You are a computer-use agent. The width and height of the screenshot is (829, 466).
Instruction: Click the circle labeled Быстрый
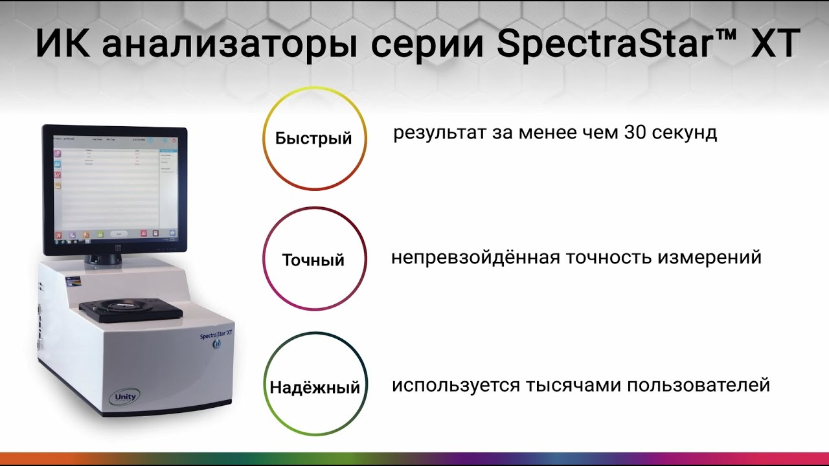click(314, 138)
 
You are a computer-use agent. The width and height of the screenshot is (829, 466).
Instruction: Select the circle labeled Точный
click(314, 260)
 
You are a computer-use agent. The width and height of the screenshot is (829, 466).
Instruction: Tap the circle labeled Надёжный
click(315, 387)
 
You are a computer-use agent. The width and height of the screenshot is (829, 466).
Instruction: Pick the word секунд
click(686, 133)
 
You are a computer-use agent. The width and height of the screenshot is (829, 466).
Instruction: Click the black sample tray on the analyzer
click(131, 311)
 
